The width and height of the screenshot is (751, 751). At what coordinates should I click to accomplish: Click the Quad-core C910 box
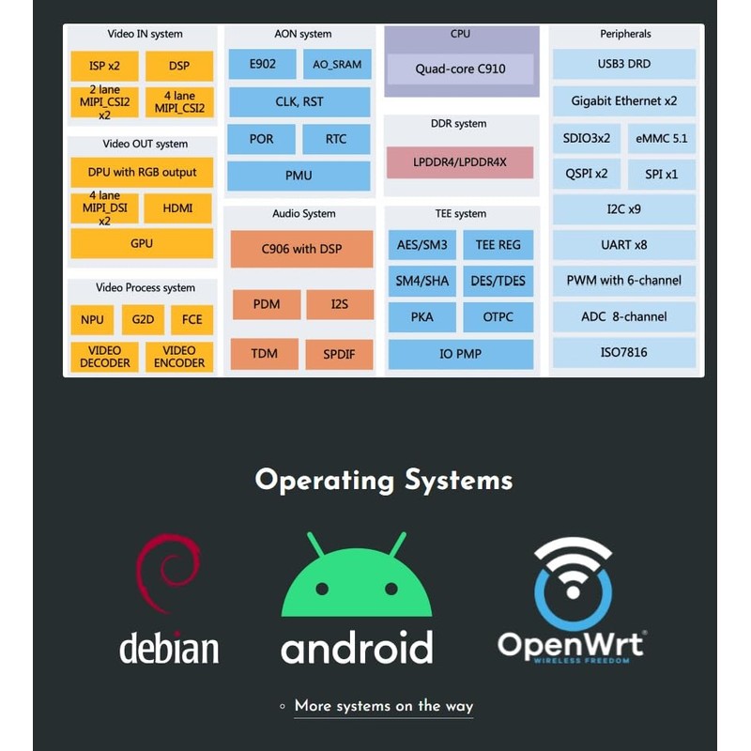click(x=461, y=69)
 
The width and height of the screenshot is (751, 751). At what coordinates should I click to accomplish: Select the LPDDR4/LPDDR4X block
click(x=460, y=162)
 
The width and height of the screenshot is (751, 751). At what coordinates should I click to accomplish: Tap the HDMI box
click(x=178, y=208)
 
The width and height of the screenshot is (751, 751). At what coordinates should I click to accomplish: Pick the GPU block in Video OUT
click(x=142, y=243)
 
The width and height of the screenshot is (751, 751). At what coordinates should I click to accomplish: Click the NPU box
click(x=92, y=320)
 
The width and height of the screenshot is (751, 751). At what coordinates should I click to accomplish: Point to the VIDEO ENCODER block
click(x=179, y=357)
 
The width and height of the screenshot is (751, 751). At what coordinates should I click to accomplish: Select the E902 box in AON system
click(x=262, y=64)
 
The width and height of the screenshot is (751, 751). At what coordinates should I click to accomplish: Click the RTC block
click(x=336, y=139)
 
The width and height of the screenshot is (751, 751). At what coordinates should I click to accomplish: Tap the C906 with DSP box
click(x=301, y=250)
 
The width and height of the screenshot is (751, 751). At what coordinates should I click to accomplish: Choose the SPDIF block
click(x=339, y=355)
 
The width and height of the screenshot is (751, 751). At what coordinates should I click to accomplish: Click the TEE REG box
click(x=498, y=245)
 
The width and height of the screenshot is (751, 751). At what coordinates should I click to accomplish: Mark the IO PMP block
click(x=460, y=355)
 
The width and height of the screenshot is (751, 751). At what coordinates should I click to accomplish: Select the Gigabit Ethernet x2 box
click(x=624, y=100)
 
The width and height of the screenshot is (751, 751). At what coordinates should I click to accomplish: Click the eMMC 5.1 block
click(x=661, y=138)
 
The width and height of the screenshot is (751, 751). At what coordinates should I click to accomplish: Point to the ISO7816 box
click(x=624, y=353)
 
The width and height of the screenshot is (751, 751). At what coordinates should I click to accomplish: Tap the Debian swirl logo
click(x=168, y=574)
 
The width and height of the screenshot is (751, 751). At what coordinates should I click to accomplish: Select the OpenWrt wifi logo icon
click(x=573, y=582)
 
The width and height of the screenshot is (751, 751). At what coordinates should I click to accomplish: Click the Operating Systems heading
click(x=384, y=481)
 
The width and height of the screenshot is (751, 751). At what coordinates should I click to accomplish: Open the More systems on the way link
click(x=383, y=706)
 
